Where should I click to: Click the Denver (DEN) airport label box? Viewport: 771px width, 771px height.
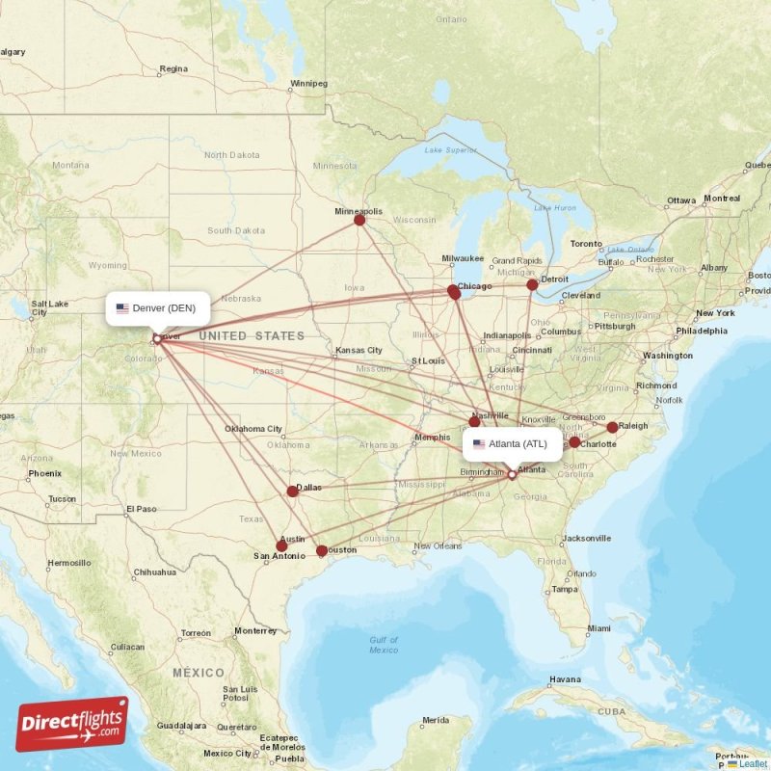tap(157, 308)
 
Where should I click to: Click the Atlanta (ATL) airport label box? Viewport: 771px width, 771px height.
tap(512, 444)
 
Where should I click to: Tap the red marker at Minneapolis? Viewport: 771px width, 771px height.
tap(359, 220)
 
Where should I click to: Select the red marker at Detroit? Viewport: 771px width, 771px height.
tap(532, 284)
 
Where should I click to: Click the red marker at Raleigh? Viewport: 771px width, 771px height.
tap(612, 427)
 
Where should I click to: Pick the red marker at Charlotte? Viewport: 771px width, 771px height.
tap(574, 442)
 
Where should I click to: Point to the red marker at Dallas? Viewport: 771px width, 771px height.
tap(293, 492)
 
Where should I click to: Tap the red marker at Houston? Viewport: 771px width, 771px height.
tap(322, 551)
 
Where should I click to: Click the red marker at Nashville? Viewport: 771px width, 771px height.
tap(474, 421)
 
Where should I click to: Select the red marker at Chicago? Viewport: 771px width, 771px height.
tap(454, 291)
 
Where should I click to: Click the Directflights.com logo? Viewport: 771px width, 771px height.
tap(72, 724)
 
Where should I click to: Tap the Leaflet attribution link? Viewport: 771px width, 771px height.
tap(753, 763)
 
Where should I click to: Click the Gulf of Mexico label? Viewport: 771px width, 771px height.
tap(384, 645)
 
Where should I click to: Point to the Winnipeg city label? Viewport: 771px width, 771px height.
tap(308, 83)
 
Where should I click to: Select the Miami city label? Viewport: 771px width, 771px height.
tap(598, 628)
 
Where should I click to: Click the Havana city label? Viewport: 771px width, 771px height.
tap(565, 679)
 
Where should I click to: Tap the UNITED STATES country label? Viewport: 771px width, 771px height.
tap(252, 336)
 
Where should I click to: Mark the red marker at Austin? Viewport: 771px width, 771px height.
tap(281, 545)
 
